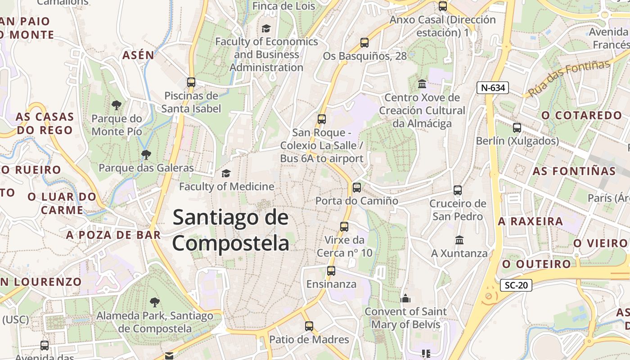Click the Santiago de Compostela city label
230,230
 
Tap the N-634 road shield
493,88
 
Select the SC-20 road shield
516,285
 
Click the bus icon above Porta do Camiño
357,187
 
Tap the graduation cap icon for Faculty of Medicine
226,173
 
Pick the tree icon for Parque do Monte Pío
117,105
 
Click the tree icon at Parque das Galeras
146,155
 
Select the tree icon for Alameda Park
155,302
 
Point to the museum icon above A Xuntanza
459,240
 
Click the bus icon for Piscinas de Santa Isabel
191,82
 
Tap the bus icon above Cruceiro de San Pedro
458,190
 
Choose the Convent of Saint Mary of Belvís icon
405,298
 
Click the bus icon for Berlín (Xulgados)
517,128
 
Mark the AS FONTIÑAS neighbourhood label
574,171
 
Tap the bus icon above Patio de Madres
309,326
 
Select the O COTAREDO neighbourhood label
581,116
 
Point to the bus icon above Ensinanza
331,271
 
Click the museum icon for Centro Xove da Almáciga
422,84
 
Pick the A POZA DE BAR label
113,235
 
